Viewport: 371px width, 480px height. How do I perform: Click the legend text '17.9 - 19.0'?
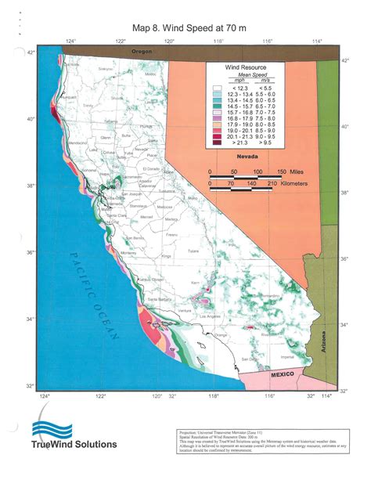click(x=238, y=123)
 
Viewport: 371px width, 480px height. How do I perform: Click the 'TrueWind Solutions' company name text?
click(x=74, y=445)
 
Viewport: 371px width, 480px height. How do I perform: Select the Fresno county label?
click(x=174, y=233)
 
